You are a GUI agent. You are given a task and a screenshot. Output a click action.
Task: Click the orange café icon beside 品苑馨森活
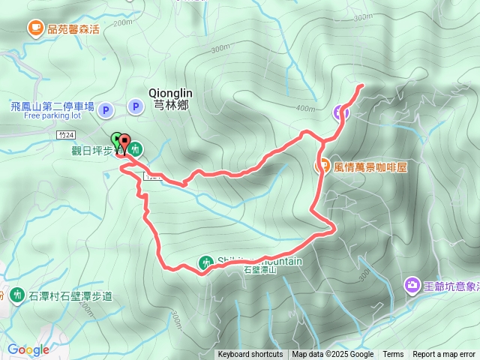click(35, 28)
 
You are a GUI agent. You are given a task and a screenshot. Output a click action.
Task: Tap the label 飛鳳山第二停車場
click(52, 106)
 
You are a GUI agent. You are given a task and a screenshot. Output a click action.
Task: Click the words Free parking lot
click(52, 116)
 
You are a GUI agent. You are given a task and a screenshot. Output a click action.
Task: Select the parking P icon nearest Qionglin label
click(135, 107)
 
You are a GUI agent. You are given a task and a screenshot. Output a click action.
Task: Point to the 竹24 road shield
click(65, 133)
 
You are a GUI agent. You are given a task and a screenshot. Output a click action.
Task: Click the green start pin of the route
click(116, 140)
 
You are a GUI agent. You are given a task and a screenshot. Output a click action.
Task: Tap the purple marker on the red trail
click(341, 113)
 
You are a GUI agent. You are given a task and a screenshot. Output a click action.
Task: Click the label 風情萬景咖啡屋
click(370, 166)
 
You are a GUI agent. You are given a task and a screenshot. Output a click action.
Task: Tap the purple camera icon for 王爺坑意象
click(412, 285)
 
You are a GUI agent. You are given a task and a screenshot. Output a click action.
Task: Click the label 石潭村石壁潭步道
click(70, 296)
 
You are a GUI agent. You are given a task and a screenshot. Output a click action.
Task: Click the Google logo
click(28, 349)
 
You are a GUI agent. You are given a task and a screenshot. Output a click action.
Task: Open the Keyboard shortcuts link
click(250, 355)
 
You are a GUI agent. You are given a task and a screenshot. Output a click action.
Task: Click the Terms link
click(393, 355)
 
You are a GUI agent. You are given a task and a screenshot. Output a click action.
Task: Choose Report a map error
click(445, 355)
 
